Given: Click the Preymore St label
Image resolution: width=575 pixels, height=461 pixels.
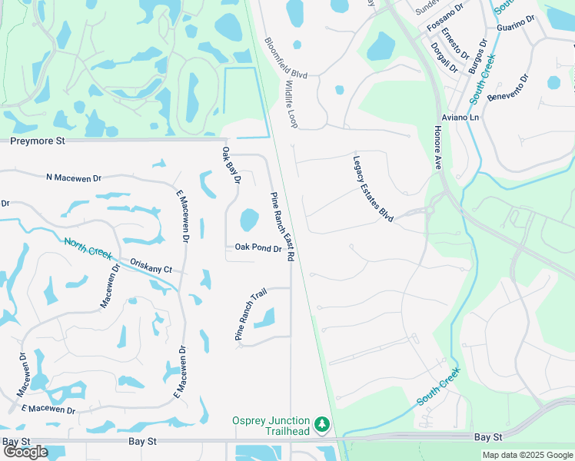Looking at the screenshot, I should [38, 141].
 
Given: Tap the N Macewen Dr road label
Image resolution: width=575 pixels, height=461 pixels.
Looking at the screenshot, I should [74, 177].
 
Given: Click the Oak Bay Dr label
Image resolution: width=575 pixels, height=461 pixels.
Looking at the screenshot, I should [231, 165].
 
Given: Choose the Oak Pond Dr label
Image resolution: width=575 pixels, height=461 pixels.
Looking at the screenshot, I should [258, 247].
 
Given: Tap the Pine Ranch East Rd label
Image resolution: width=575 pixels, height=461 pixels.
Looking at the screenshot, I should [281, 227].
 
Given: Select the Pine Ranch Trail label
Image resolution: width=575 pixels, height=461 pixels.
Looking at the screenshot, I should [250, 315].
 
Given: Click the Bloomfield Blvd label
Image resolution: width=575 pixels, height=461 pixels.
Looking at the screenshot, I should [286, 58].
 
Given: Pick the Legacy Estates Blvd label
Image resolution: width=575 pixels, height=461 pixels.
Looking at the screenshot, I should [373, 190].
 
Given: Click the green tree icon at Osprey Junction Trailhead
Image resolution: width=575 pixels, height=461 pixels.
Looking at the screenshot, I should [323, 425].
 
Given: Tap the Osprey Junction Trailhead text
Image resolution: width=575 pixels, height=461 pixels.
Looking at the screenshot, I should [272, 426].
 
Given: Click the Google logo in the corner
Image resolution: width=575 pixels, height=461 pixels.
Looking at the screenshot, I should [25, 453].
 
